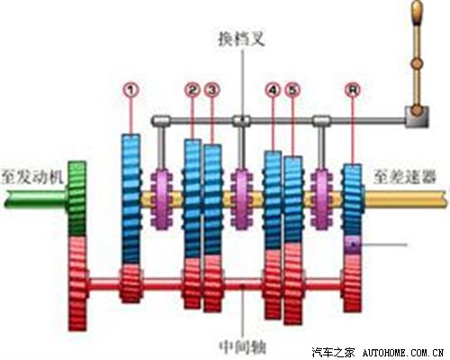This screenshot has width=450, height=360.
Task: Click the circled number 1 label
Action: pyautogui.click(x=130, y=90)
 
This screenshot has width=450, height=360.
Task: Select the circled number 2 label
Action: pyautogui.click(x=193, y=90)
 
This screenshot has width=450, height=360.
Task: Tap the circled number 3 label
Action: pyautogui.click(x=212, y=90)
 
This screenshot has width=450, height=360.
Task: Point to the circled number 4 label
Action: pyautogui.click(x=273, y=90)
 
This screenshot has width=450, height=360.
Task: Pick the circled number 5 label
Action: pyautogui.click(x=292, y=90)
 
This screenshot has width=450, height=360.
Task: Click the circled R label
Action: pyautogui.click(x=353, y=89)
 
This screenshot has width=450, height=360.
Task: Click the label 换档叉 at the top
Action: pyautogui.click(x=242, y=39)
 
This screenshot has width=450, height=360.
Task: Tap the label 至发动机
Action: pyautogui.click(x=32, y=177)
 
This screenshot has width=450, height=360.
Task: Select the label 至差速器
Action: pyautogui.click(x=405, y=176)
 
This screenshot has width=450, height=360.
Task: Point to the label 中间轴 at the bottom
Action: pyautogui.click(x=242, y=347)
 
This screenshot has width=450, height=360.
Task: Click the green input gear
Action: pyautogui.click(x=77, y=199)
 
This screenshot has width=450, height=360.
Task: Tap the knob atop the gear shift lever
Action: pyautogui.click(x=418, y=13)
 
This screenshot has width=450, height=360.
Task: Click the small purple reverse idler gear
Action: pyautogui.click(x=353, y=245)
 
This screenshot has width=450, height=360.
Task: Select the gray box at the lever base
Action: pyautogui.click(x=417, y=117)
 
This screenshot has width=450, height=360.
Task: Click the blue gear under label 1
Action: pyautogui.click(x=130, y=200)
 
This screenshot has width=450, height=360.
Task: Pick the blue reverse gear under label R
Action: pyautogui.click(x=353, y=200)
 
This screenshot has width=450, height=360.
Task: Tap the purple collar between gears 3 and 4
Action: pyautogui.click(x=242, y=199)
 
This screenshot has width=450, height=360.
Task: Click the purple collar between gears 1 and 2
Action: pyautogui.click(x=162, y=200)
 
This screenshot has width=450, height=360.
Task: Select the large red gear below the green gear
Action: pyautogui.click(x=78, y=283)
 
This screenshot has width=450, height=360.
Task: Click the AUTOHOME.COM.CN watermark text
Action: pyautogui.click(x=403, y=353)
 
